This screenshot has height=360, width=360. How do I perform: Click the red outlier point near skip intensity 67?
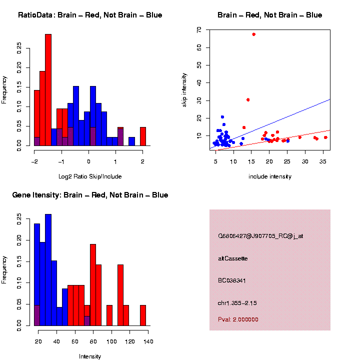(x=253, y=34)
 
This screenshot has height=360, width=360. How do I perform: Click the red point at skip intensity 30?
(x=248, y=99)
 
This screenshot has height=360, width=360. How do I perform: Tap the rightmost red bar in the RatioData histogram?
(x=142, y=136)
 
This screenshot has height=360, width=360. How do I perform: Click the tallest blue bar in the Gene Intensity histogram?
(x=48, y=270)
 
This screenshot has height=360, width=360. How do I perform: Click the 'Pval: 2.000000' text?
(x=238, y=319)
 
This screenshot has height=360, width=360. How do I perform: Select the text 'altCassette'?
(x=232, y=258)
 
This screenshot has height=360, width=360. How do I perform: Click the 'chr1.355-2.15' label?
(x=237, y=303)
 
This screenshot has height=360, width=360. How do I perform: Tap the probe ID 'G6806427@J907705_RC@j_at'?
(x=260, y=236)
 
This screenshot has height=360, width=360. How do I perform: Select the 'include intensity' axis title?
(x=269, y=176)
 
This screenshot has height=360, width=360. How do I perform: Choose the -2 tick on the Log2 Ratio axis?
(x=34, y=161)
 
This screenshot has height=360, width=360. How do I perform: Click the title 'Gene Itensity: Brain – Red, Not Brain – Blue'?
(x=90, y=195)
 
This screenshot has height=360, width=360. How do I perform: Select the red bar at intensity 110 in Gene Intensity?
(x=120, y=295)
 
